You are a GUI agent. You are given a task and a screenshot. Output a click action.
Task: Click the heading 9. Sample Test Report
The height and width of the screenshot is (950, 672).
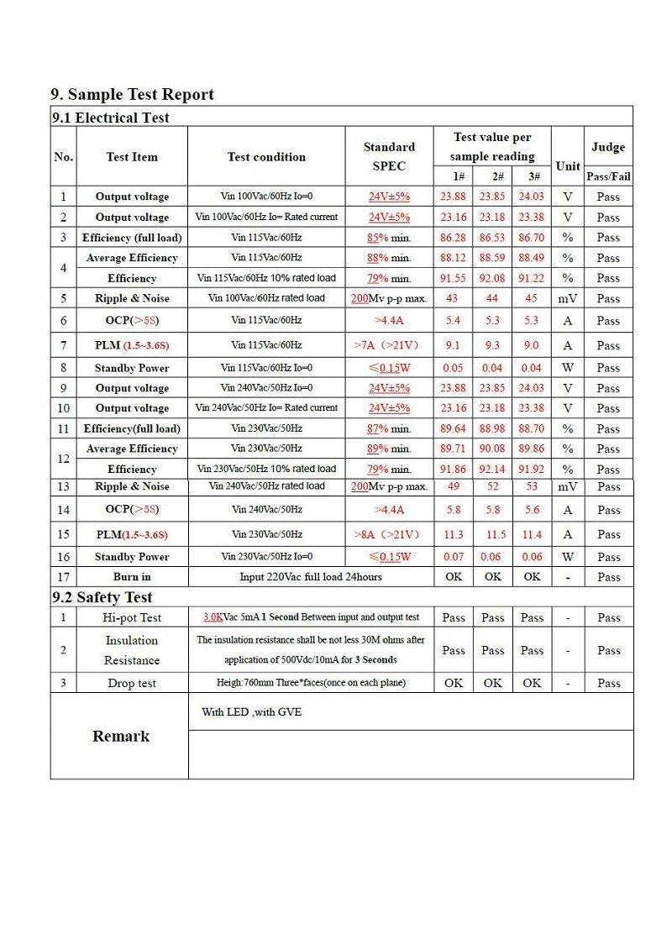coord(133,94)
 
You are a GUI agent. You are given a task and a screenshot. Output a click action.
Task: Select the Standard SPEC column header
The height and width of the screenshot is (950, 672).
coord(389,156)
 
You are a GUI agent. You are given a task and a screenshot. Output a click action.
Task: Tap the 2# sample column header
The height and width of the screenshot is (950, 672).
coord(492,176)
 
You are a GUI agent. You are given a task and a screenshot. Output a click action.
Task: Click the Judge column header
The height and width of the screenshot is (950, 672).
coord(608,147)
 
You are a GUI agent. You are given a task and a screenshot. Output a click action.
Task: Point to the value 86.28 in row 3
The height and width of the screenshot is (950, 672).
coord(453,238)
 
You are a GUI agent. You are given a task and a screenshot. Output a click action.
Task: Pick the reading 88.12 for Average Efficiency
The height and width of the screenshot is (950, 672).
coord(453,258)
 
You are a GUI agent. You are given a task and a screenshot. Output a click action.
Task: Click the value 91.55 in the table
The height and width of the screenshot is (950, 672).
coord(453,278)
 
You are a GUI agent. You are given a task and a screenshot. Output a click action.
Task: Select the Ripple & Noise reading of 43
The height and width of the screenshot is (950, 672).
coord(453,298)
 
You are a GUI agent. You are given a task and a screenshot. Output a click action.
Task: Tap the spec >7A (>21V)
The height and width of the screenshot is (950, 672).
coord(389,345)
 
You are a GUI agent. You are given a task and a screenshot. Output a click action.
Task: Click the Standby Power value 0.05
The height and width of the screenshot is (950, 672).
coord(453,368)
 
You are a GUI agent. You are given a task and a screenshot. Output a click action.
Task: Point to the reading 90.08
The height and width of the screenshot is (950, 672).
coord(492,449)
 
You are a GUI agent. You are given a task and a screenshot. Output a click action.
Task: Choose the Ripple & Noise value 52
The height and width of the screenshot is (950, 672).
coord(492,486)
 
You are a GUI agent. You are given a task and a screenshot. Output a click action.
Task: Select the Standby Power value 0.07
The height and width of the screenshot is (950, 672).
coord(453,557)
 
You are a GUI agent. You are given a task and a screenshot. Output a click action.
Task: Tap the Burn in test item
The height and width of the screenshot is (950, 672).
coord(132,577)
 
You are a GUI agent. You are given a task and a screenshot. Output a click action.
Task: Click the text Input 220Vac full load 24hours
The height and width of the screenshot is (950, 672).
coord(311,577)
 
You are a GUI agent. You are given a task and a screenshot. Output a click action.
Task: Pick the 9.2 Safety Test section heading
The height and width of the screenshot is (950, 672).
coord(102,597)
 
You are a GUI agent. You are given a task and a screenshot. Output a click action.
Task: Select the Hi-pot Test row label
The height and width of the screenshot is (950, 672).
coord(132,617)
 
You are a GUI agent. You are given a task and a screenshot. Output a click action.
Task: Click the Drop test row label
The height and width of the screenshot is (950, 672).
coord(132,683)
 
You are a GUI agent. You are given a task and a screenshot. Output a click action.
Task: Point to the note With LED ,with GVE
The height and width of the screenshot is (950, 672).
coord(251,712)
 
